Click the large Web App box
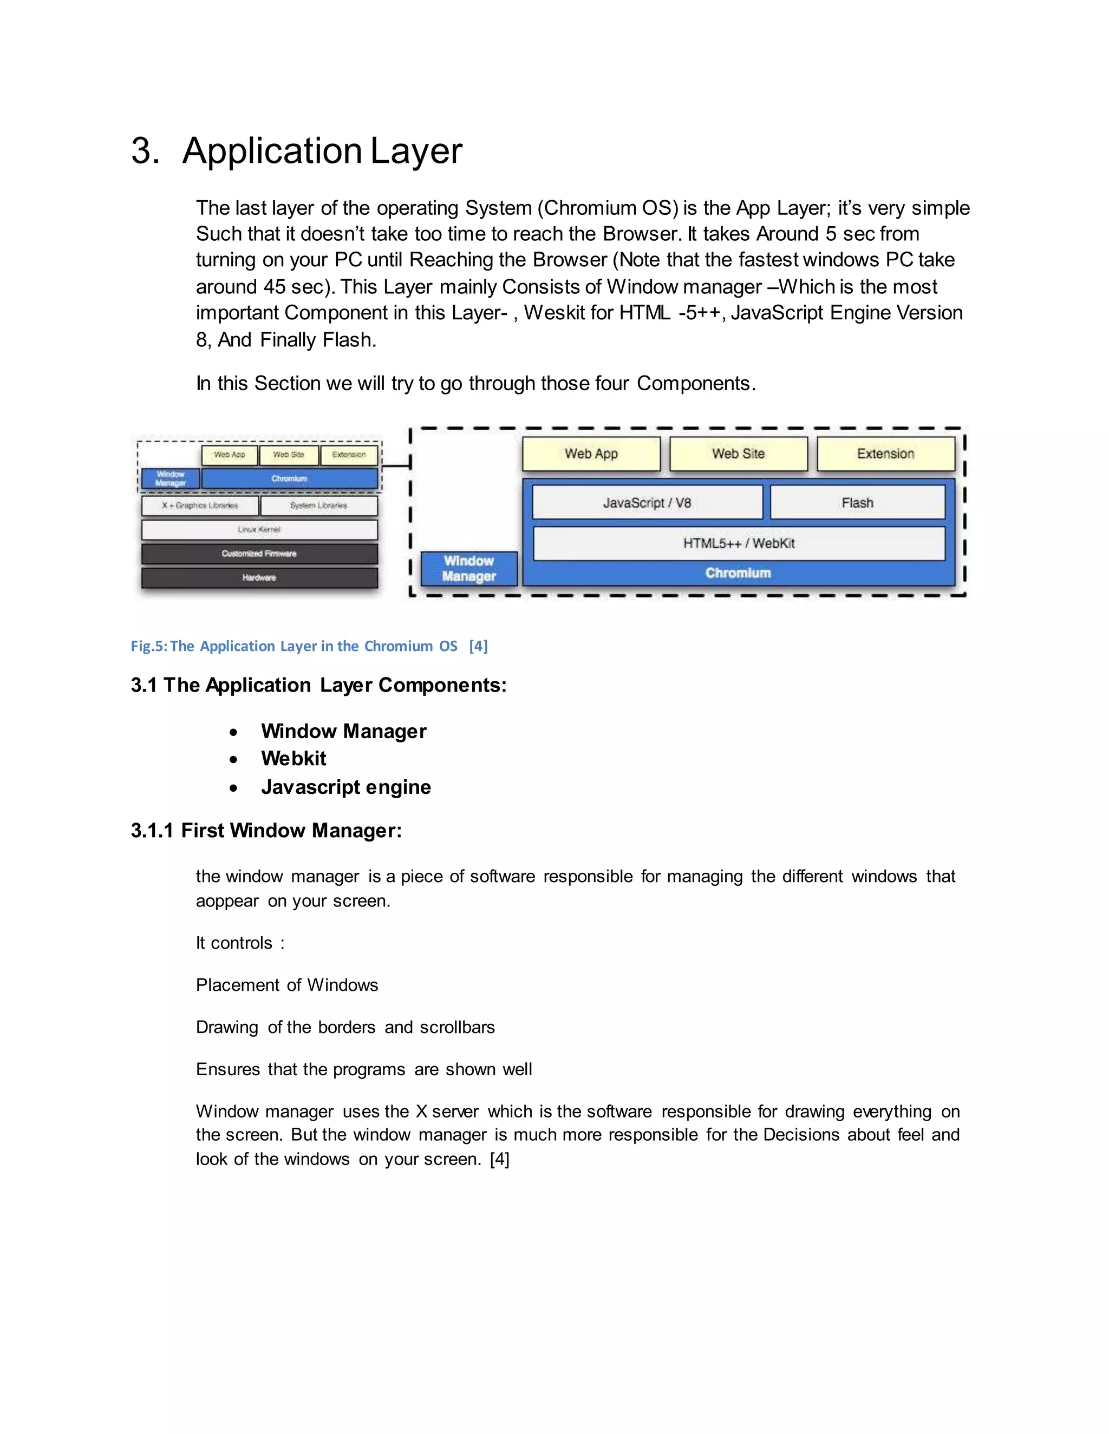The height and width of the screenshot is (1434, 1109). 591,453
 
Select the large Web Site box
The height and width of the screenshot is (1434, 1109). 738,453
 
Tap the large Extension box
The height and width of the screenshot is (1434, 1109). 885,453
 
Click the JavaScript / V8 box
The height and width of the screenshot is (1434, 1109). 647,503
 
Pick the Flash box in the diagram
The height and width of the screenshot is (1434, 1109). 857,503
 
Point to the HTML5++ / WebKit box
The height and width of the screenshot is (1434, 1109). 739,543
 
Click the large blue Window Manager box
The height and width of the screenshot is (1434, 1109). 468,569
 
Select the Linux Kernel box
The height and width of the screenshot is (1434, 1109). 259,529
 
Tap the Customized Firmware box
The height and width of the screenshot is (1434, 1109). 259,554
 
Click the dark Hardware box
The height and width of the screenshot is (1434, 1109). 259,578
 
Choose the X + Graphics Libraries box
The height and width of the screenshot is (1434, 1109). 200,505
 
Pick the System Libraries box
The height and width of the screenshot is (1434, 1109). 318,505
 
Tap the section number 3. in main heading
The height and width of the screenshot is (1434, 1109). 145,151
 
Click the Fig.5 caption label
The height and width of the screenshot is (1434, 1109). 309,646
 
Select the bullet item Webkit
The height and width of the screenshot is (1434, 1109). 293,758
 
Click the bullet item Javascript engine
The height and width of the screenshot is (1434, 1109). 345,787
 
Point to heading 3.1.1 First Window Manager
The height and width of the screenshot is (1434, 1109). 266,831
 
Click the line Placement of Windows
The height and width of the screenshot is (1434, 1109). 286,985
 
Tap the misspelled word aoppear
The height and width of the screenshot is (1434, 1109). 227,902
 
